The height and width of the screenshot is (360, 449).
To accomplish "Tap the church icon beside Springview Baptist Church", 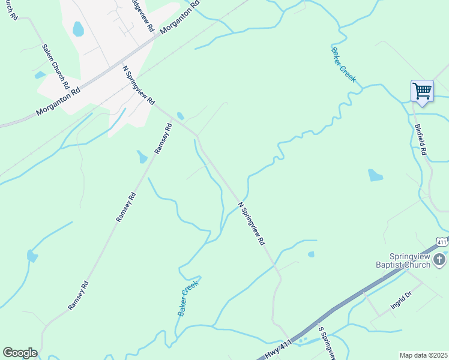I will click(x=439, y=259).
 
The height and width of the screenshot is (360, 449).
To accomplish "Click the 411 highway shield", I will click(x=442, y=242).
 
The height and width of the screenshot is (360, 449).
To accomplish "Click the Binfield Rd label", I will click(x=420, y=140).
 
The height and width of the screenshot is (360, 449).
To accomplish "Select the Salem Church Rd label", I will click(x=56, y=66).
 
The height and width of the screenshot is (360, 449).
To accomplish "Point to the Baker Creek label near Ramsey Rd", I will click(x=187, y=298).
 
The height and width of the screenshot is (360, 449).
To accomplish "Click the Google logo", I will click(x=20, y=353).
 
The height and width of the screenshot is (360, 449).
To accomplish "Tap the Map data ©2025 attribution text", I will click(x=423, y=355).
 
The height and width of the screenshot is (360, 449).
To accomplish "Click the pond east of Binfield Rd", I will click(x=375, y=175).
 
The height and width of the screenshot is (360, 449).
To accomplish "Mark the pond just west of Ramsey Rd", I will click(x=142, y=157).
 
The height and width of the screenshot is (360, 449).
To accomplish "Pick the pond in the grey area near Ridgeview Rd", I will click(x=78, y=29).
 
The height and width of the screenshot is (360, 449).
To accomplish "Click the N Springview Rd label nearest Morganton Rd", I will click(x=139, y=85).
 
